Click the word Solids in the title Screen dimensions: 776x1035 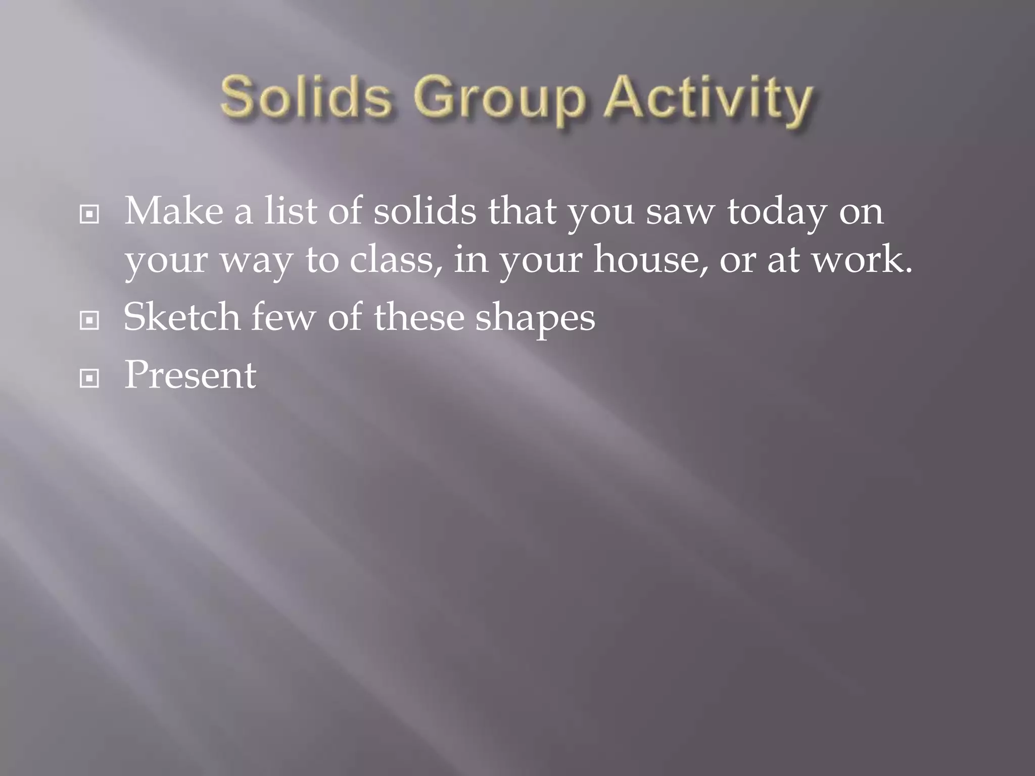306,96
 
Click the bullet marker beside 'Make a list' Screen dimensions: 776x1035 89,215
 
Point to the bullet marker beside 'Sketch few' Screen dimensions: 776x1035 89,320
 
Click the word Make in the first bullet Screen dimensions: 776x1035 173,211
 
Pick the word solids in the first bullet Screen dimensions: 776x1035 425,211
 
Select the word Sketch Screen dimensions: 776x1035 181,317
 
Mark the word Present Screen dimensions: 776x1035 190,375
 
